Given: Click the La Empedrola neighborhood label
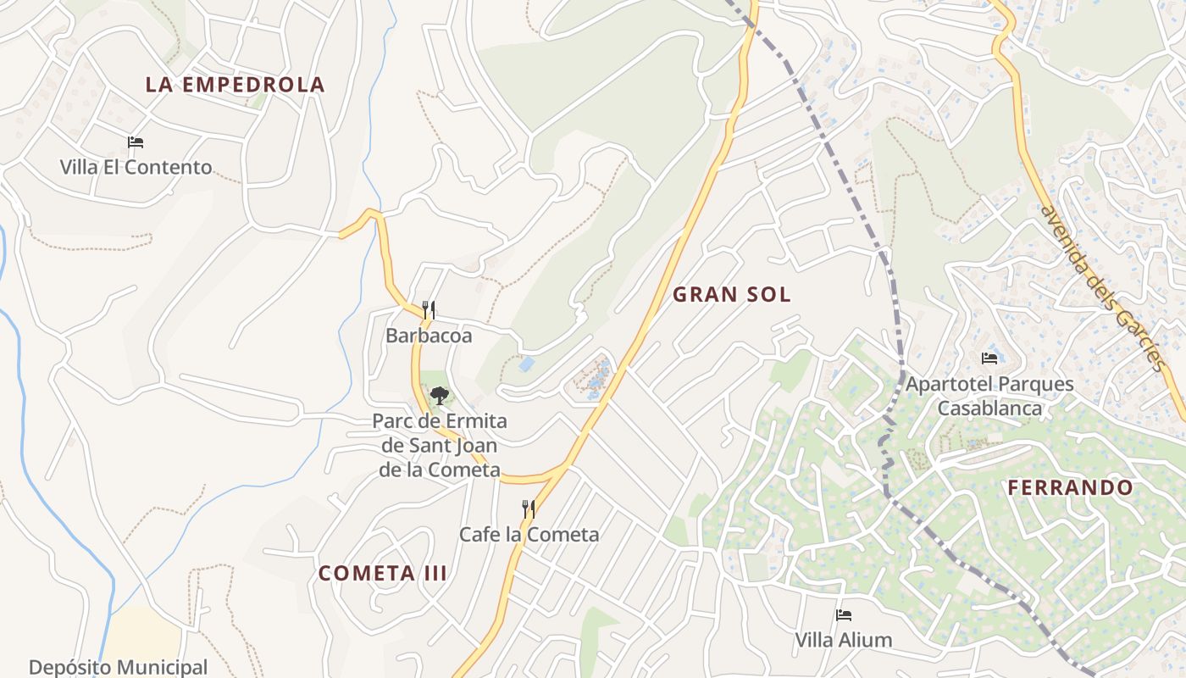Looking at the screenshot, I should [235, 85].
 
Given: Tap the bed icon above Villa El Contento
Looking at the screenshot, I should [136, 142].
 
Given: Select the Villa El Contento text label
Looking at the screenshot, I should [136, 167].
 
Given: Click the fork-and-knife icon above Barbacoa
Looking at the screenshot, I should [429, 310].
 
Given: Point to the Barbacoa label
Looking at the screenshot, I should [429, 336].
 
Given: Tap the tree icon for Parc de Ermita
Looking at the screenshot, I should [439, 395].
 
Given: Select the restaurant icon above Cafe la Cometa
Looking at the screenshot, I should [529, 508].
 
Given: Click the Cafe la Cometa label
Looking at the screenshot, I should [529, 535].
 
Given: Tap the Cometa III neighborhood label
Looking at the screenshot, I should [383, 573].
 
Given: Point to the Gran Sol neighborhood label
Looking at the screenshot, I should [731, 295].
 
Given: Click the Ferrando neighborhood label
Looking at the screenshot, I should [1071, 488].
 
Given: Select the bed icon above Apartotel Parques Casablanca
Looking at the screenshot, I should [989, 358].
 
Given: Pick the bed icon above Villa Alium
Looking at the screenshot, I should [843, 615].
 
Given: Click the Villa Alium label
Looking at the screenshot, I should [843, 640].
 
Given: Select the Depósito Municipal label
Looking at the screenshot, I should [118, 667].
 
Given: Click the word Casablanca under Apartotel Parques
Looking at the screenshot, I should [989, 408].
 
